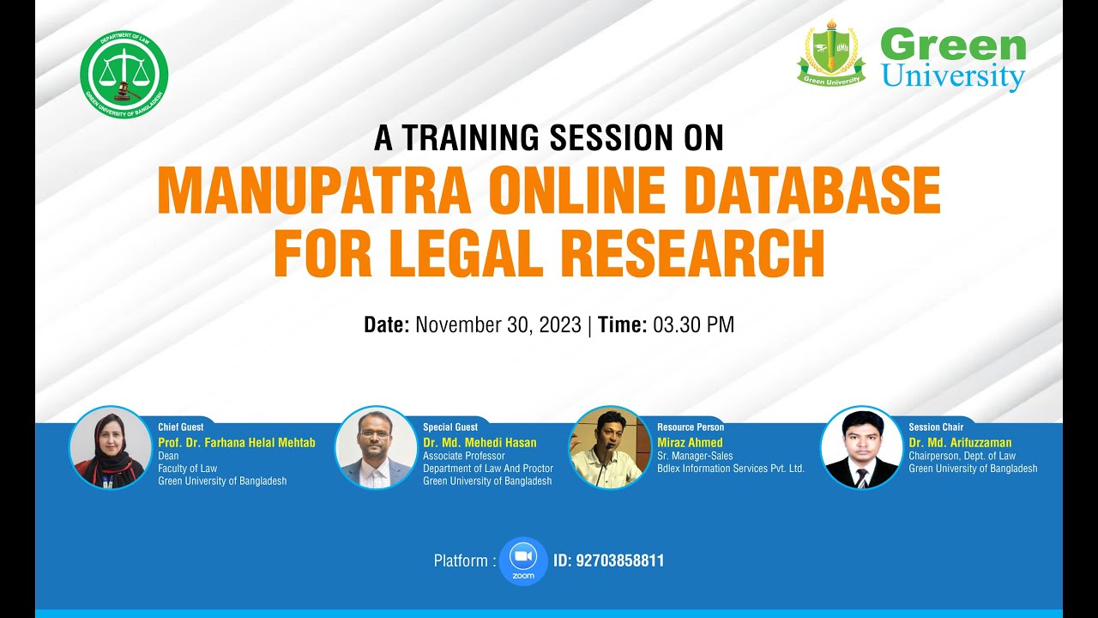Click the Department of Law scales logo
tap(124, 78)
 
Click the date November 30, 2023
tap(498, 325)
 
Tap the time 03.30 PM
tap(693, 325)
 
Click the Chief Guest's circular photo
tap(110, 447)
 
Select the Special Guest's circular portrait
tap(375, 447)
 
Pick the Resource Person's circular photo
tap(610, 447)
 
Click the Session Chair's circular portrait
tap(861, 447)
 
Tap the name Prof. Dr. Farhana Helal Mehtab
tap(237, 443)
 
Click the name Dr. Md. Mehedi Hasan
tap(480, 443)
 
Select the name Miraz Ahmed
tap(690, 443)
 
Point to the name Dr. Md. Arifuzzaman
tap(960, 443)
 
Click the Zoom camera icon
tap(522, 558)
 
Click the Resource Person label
tap(691, 427)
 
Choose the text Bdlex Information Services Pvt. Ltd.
tap(730, 469)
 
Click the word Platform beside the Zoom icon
tap(461, 561)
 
